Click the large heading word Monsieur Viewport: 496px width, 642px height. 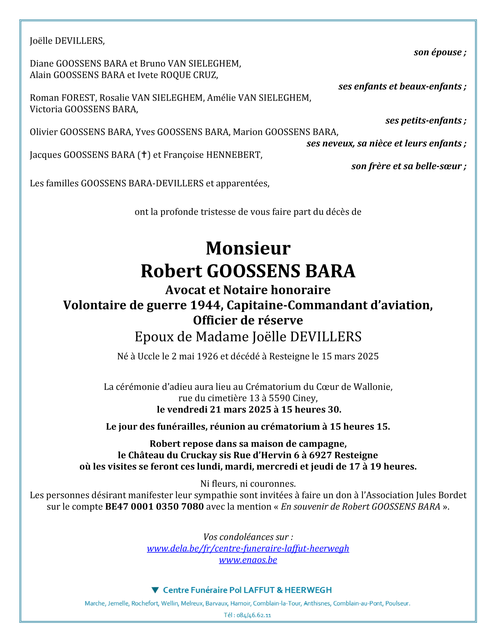tap(248, 248)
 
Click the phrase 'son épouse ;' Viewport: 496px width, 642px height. tap(440, 53)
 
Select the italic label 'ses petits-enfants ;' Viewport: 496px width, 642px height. tap(426, 121)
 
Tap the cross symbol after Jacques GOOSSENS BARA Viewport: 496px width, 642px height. tap(144, 155)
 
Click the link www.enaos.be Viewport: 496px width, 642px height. tap(248, 560)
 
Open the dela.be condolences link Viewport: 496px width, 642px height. tap(248, 548)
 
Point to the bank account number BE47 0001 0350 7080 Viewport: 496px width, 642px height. tap(154, 507)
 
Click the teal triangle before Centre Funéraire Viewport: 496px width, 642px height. tap(155, 590)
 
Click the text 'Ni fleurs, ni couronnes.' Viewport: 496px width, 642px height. tap(248, 484)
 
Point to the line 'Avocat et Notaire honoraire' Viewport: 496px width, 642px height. tap(248, 290)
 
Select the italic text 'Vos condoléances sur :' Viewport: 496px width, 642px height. tap(248, 537)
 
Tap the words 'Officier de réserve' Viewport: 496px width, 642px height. tap(248, 320)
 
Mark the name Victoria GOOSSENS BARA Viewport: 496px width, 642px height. tap(84, 109)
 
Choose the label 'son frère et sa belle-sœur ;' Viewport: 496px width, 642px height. tap(409, 166)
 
